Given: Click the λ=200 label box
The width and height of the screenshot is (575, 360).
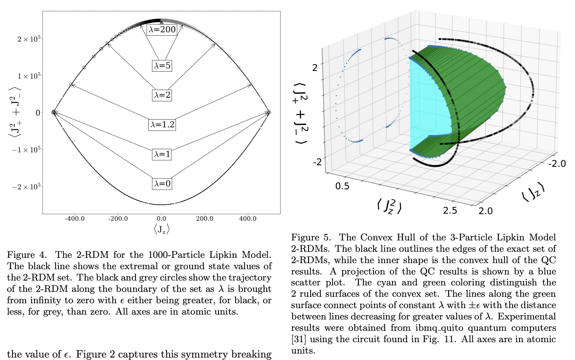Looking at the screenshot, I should coord(162,30).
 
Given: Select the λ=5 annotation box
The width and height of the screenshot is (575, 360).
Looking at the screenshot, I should coord(162,66).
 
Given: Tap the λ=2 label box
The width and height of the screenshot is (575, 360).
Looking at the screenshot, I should coord(162,95).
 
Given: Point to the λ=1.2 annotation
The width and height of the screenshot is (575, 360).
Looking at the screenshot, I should coord(162,124).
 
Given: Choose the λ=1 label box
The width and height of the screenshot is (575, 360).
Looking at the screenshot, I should coord(162,154).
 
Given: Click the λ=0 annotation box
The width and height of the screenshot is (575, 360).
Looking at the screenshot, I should coord(162,184).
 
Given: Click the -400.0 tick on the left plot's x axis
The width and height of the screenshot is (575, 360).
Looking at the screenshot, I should coord(75,219).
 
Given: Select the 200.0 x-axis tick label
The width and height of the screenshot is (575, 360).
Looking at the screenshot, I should coord(204,219).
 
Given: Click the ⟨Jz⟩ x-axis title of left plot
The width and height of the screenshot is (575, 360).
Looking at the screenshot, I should coord(161,229).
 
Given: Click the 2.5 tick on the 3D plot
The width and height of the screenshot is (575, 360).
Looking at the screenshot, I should coord(450,210).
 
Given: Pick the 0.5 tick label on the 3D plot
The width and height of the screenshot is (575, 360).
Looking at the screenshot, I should coord(342,186).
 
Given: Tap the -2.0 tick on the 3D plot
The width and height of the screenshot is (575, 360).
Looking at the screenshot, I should coord(557,163).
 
